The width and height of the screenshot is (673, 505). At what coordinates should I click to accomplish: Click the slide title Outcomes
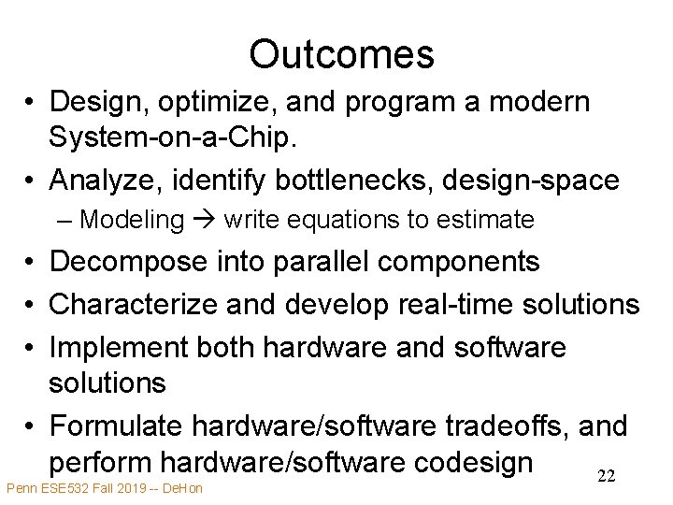point(341,54)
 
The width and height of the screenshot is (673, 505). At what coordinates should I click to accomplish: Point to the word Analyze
point(104,179)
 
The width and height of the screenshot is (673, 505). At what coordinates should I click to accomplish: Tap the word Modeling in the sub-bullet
point(132,220)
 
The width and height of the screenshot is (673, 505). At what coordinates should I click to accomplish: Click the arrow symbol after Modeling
point(205,220)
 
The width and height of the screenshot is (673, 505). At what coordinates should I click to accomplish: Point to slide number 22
point(606,477)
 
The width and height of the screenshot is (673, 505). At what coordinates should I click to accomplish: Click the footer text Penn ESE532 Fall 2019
point(74,488)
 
